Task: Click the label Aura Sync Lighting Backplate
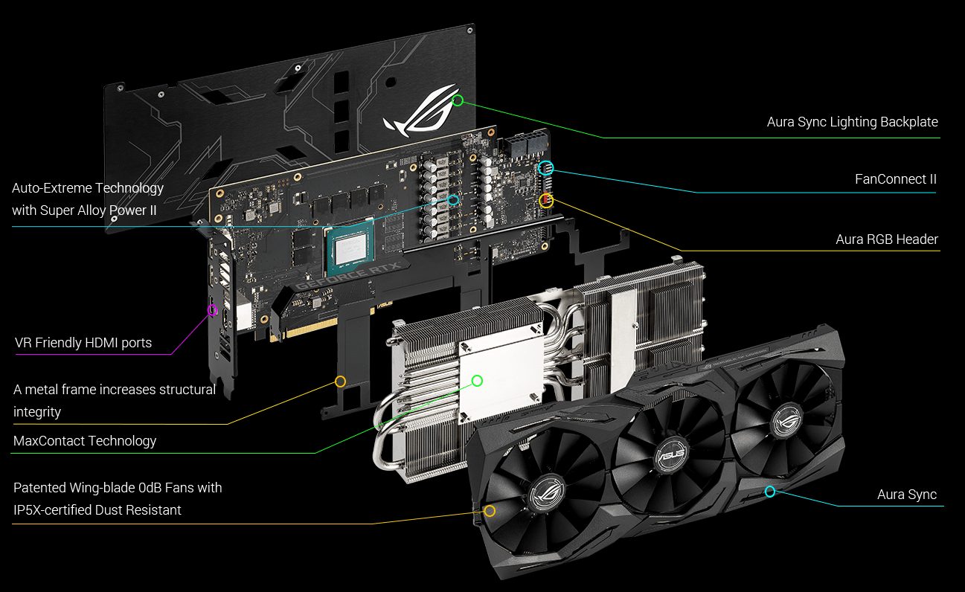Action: [852, 122]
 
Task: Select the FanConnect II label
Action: [895, 179]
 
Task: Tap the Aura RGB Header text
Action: [886, 239]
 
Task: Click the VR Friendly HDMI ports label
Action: [83, 343]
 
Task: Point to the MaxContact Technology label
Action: [85, 441]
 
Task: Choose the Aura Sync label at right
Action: [906, 495]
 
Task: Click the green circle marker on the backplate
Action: [458, 100]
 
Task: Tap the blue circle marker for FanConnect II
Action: [545, 168]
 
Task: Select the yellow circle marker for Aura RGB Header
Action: [546, 200]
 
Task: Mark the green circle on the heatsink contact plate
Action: [477, 381]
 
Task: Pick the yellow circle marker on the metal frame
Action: [340, 382]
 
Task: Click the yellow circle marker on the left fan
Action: [490, 511]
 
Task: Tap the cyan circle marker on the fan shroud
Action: [770, 492]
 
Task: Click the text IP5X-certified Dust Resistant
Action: [97, 510]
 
